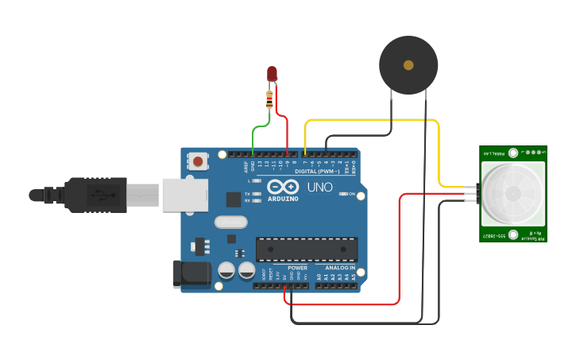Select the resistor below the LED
(271, 99)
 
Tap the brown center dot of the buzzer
(408, 64)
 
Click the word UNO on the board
(319, 188)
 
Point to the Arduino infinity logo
(282, 188)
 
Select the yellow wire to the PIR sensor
(373, 120)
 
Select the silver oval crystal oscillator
(230, 223)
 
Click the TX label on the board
(247, 194)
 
